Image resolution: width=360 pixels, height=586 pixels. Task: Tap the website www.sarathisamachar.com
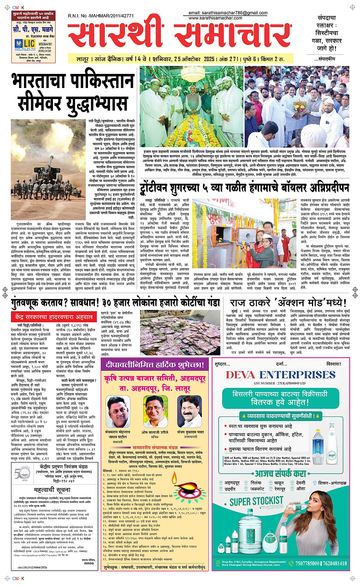215,18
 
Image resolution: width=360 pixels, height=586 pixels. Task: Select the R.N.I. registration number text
101,16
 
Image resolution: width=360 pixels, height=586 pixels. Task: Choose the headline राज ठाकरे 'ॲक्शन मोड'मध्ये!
288,303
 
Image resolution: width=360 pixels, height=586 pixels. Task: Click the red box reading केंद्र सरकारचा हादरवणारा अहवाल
54,317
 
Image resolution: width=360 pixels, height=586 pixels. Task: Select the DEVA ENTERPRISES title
280,375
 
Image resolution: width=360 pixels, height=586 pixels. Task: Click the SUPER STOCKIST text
256,501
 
